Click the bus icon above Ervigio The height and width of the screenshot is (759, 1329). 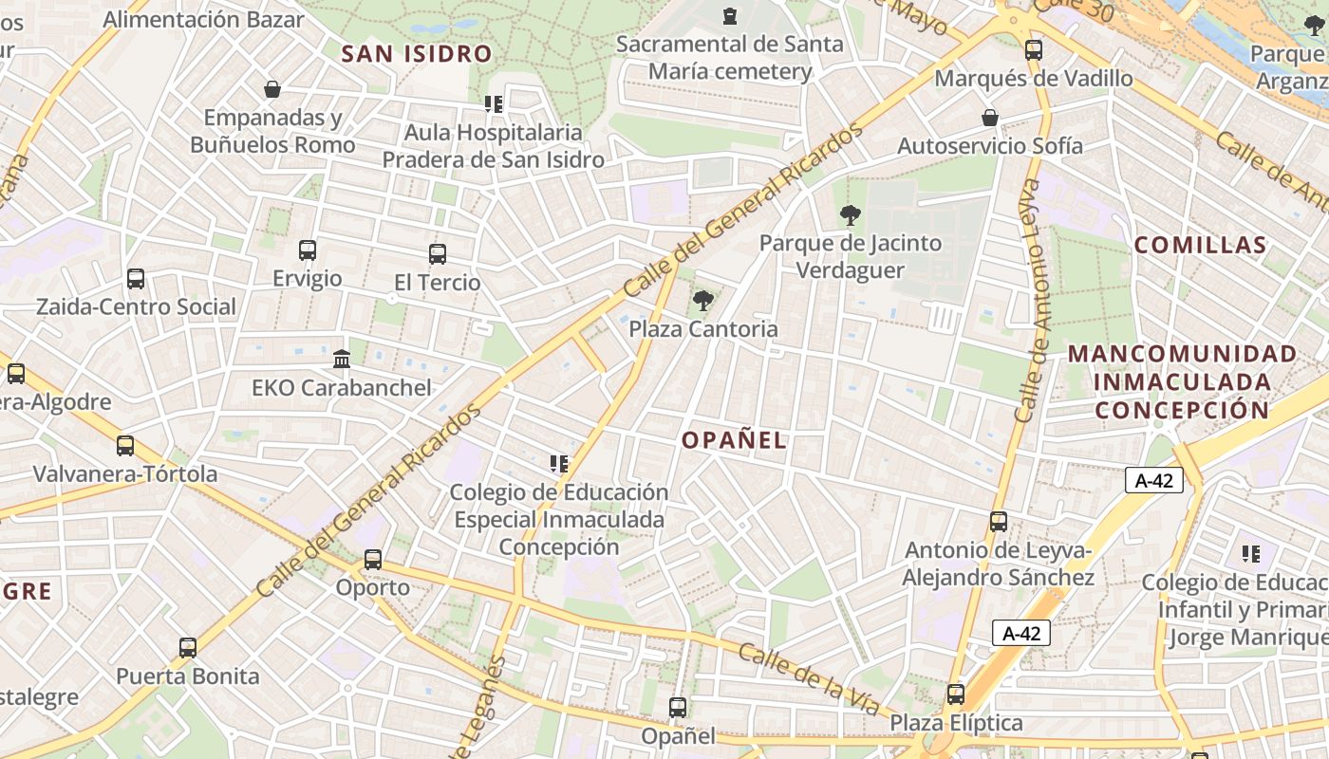pos(308,250)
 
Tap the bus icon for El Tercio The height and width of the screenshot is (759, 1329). pos(437,254)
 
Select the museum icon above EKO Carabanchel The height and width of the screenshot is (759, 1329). pos(342,360)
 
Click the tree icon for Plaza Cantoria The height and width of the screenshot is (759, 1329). pos(702,302)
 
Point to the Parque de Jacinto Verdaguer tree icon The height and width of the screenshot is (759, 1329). pos(851,215)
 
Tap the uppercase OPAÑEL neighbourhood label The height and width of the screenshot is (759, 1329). pos(734,440)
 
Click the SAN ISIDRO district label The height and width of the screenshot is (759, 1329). pos(417,54)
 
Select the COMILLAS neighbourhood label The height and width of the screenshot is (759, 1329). pos(1200,245)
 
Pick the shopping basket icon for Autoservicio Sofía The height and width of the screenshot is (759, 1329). pos(989,118)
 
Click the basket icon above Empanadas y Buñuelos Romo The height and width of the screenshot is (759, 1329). pos(272,89)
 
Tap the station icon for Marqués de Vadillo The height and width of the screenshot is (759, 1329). pos(1034,50)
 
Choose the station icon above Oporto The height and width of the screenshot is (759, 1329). pos(373,560)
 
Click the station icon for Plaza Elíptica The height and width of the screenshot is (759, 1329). pos(956,694)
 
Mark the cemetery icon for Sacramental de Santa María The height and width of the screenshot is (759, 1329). pos(729,16)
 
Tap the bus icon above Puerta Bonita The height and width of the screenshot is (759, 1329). pos(188,648)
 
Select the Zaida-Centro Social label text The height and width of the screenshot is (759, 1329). pos(136,306)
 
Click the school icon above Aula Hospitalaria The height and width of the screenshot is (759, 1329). pos(493,103)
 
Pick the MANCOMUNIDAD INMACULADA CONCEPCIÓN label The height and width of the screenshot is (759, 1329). pos(1182,381)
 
